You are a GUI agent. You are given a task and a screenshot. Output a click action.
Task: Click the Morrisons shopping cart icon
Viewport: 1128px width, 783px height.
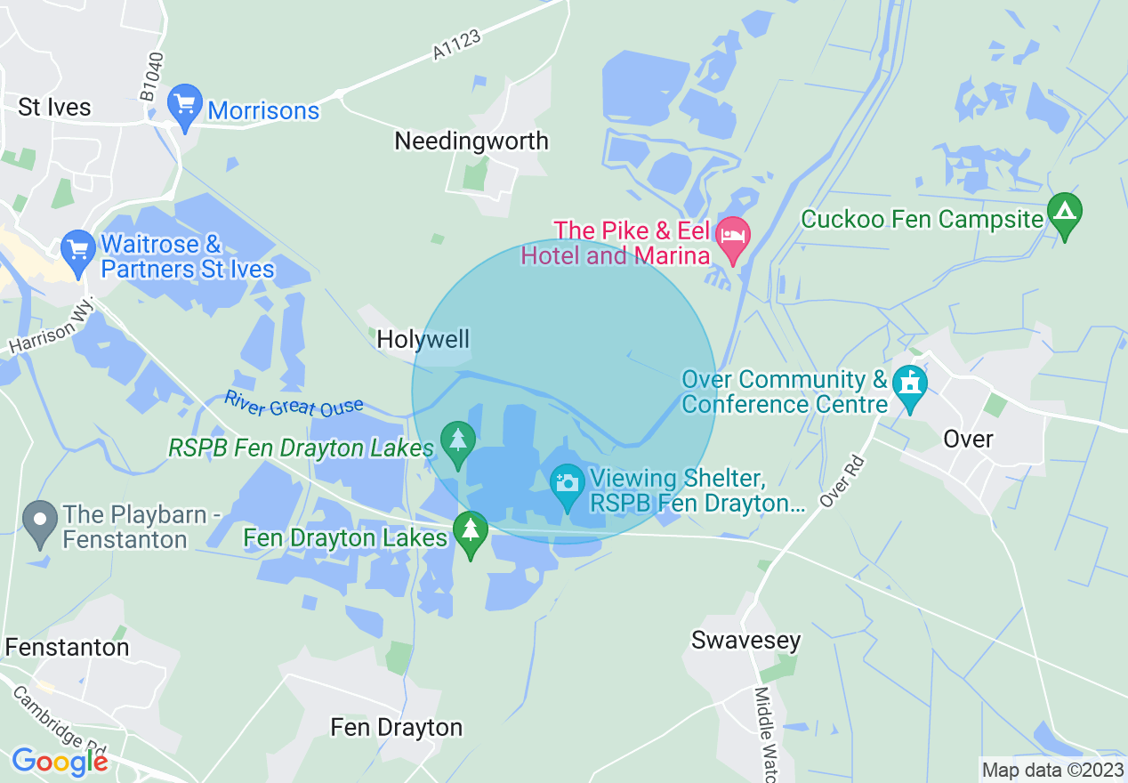click(x=185, y=106)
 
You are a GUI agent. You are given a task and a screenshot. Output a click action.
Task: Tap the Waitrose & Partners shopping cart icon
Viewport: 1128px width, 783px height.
click(x=78, y=252)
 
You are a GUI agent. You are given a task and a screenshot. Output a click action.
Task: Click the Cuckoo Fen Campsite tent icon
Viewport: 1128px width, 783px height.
click(x=1065, y=214)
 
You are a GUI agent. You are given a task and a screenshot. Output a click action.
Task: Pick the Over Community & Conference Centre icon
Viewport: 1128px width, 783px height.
click(x=910, y=386)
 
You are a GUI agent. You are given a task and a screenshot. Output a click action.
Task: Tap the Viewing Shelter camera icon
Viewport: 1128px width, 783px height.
click(x=568, y=485)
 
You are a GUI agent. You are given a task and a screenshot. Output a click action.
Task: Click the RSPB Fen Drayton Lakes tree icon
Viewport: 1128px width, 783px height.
click(x=458, y=442)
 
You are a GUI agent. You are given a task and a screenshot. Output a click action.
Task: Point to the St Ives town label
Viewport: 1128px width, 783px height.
click(x=54, y=108)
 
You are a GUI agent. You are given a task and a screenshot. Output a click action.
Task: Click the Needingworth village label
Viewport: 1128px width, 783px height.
click(x=471, y=141)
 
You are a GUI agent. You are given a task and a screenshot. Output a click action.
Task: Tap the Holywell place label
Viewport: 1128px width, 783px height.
click(x=423, y=339)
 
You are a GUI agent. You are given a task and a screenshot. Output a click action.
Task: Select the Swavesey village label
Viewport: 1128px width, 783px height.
click(x=746, y=640)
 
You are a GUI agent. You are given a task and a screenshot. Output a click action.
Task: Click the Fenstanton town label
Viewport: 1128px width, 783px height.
click(x=67, y=647)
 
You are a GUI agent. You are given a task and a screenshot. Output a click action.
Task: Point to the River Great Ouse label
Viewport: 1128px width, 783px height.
click(x=294, y=403)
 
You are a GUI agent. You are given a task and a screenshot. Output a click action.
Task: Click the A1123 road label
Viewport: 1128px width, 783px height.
click(x=457, y=44)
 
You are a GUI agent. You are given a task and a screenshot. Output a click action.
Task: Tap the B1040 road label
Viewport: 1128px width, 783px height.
click(x=152, y=76)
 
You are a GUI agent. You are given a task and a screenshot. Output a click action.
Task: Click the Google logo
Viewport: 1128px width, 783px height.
click(x=60, y=762)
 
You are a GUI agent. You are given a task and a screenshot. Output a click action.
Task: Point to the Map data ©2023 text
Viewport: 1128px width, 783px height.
click(x=1051, y=769)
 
